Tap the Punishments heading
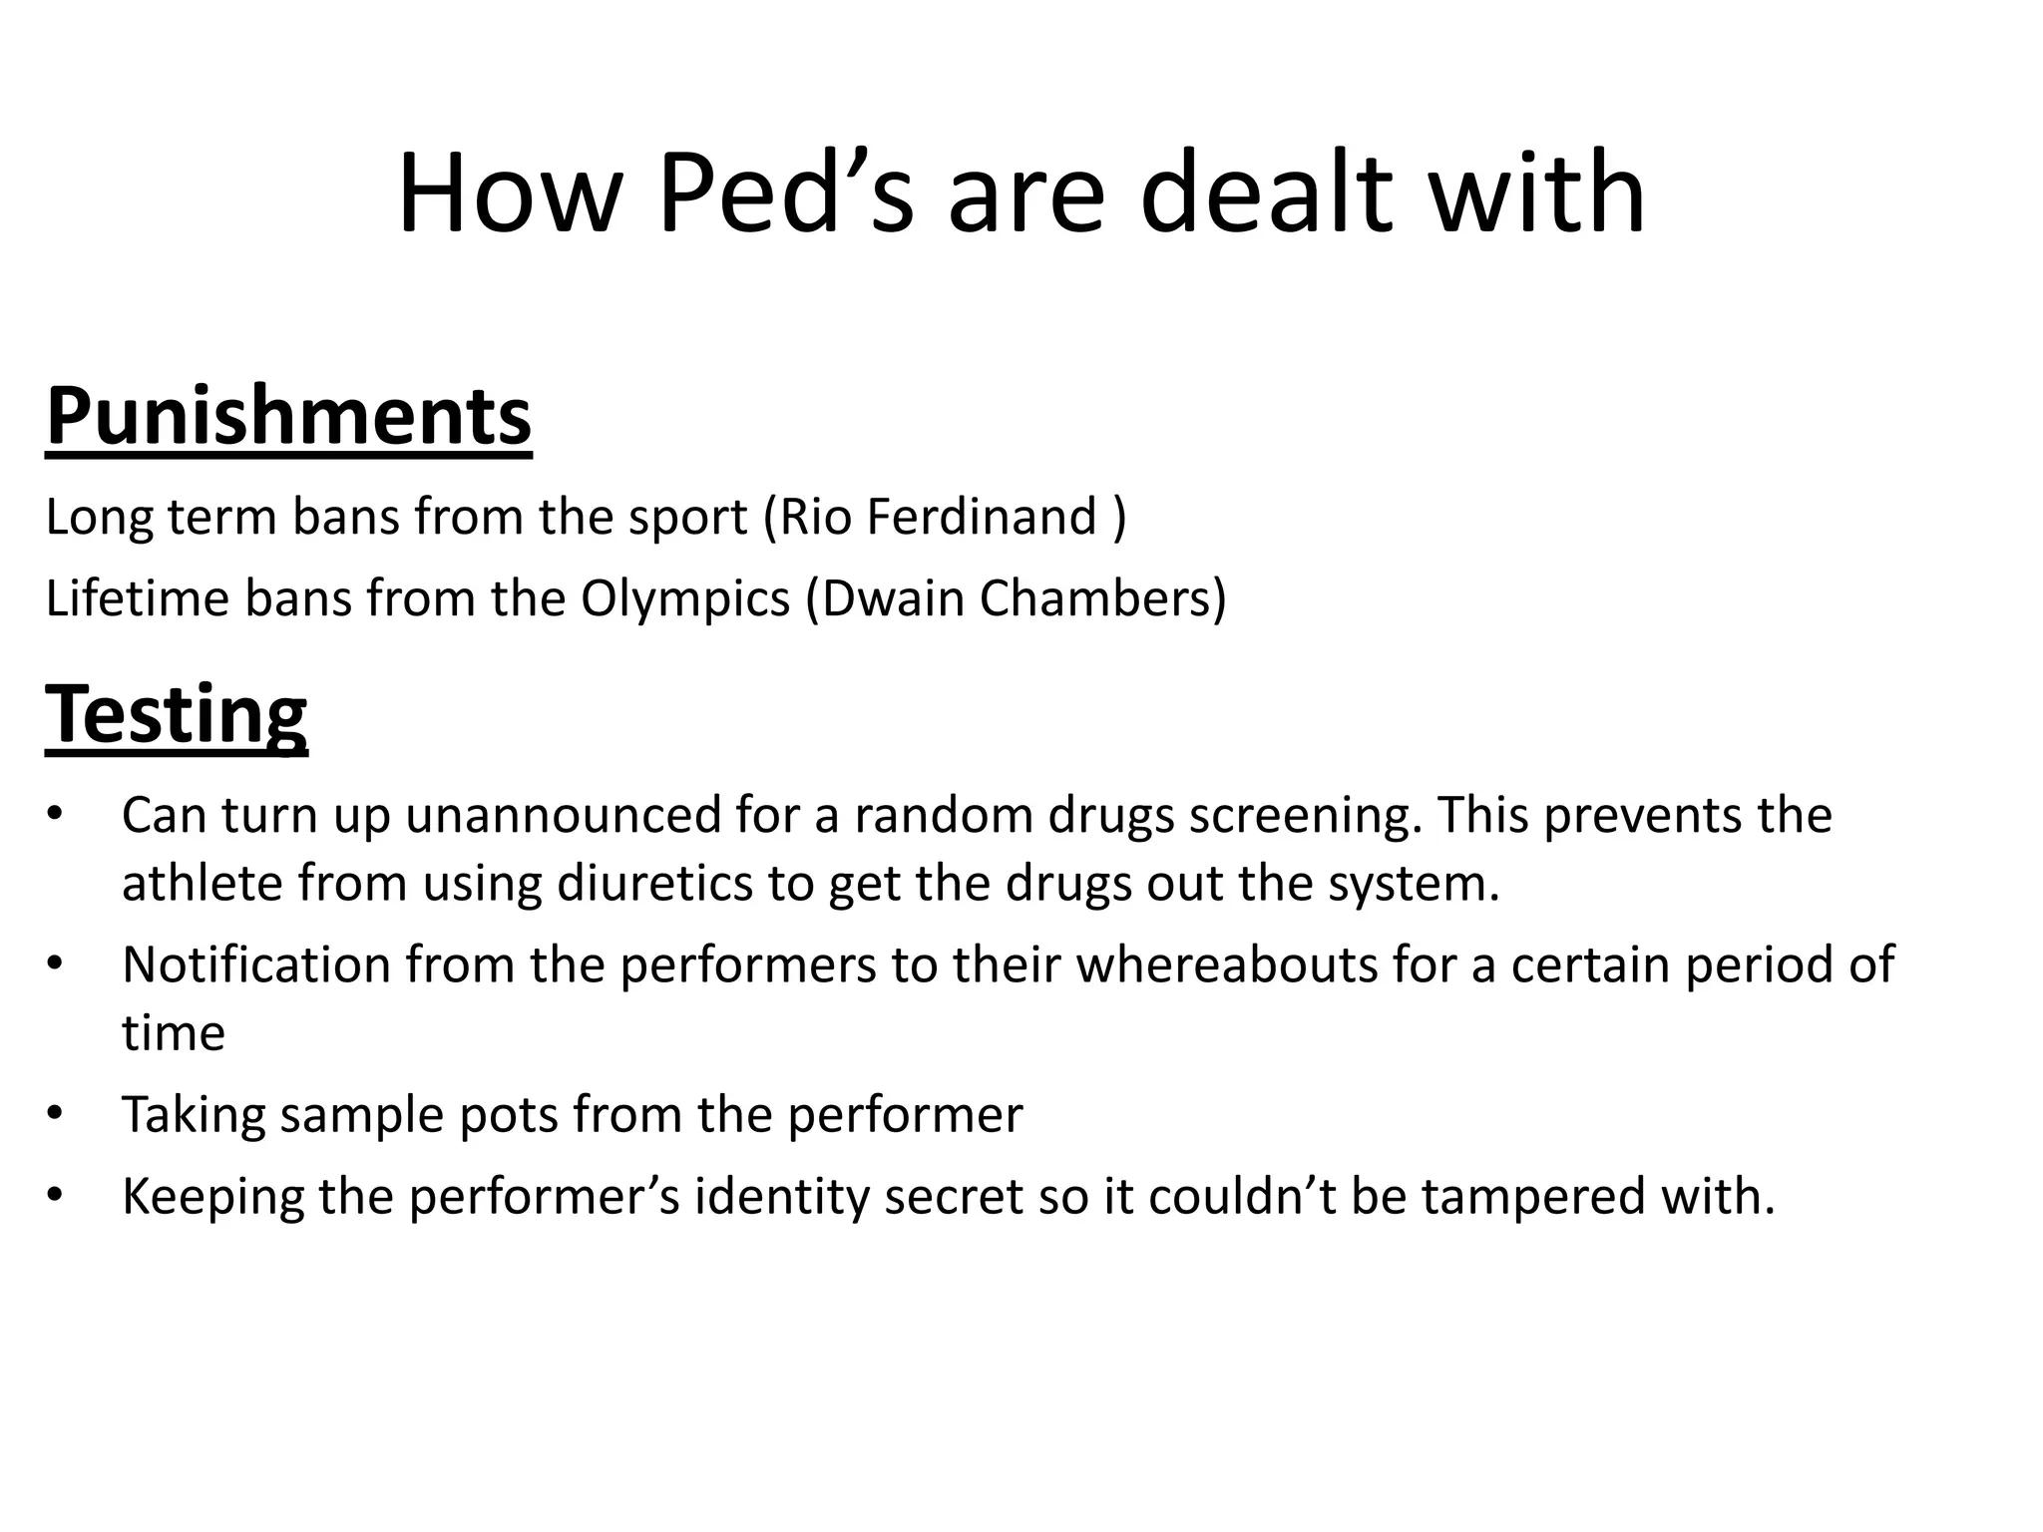[x=288, y=417]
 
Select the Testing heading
[x=177, y=714]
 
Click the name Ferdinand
[x=982, y=517]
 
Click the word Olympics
[x=685, y=600]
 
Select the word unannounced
[x=563, y=816]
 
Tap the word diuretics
[x=654, y=884]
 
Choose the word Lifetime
[x=138, y=598]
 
